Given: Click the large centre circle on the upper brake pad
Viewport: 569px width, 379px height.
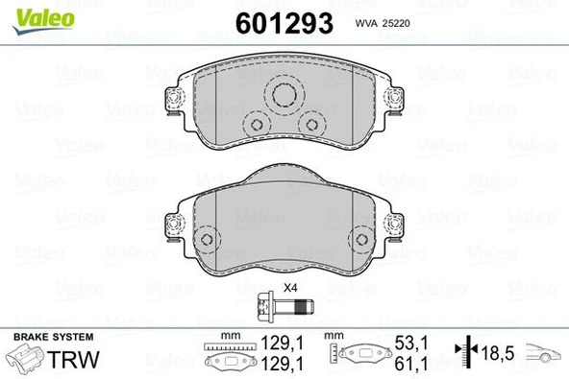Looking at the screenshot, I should coord(284,94).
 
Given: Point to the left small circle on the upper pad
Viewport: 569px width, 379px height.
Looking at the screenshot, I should coord(255,124).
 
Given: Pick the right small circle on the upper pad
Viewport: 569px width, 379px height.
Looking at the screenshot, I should coord(312,124).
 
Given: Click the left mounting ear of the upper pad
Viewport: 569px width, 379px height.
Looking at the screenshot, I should coord(174,99).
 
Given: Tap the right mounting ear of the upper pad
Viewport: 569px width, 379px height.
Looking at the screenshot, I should coord(394,99).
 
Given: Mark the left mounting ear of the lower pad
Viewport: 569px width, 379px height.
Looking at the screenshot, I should coord(173,224).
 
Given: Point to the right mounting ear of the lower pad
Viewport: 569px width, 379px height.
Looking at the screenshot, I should coord(395,224).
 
